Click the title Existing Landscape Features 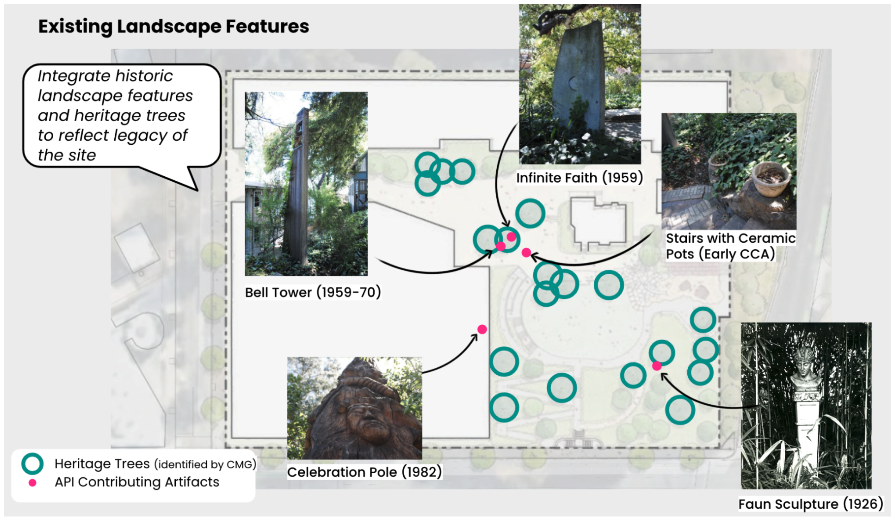click(x=173, y=26)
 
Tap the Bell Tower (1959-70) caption click(x=313, y=293)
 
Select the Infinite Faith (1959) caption click(x=579, y=178)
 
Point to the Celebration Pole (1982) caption click(x=364, y=472)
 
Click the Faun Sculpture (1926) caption click(x=810, y=504)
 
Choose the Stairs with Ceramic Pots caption click(x=730, y=246)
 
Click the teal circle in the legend click(x=32, y=464)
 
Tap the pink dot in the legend click(x=32, y=483)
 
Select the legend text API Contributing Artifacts click(x=137, y=482)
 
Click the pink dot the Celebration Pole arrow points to click(x=482, y=329)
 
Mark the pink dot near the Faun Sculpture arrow click(x=657, y=366)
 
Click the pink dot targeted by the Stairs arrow click(x=526, y=253)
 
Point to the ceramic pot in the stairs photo click(x=771, y=178)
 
